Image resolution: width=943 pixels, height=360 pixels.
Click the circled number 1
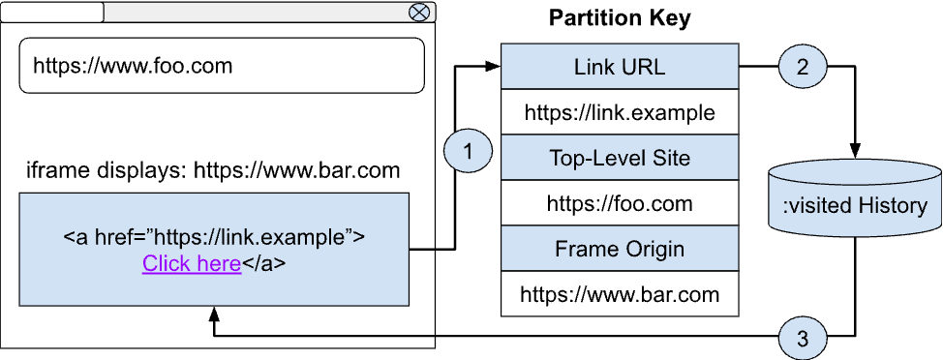click(468, 152)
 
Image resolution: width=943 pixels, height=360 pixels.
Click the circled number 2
click(803, 68)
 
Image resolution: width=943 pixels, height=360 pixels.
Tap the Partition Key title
click(620, 18)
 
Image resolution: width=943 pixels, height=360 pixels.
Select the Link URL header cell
click(620, 68)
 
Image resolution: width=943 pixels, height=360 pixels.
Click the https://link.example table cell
click(620, 112)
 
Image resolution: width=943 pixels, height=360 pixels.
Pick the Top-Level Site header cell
click(620, 158)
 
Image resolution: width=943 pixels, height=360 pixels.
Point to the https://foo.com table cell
click(620, 203)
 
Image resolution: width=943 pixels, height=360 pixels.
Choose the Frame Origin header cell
click(620, 249)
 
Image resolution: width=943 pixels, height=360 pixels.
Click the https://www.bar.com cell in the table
click(620, 293)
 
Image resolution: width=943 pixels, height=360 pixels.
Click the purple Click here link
click(192, 263)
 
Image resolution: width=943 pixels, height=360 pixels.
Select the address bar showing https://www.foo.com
click(222, 66)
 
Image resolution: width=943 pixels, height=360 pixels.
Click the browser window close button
click(419, 12)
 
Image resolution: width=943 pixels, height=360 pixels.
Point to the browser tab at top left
click(53, 12)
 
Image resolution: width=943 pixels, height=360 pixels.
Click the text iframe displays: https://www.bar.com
click(213, 171)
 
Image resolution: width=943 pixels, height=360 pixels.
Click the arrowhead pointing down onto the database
click(855, 151)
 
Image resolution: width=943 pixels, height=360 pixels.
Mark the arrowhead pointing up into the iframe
click(213, 315)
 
